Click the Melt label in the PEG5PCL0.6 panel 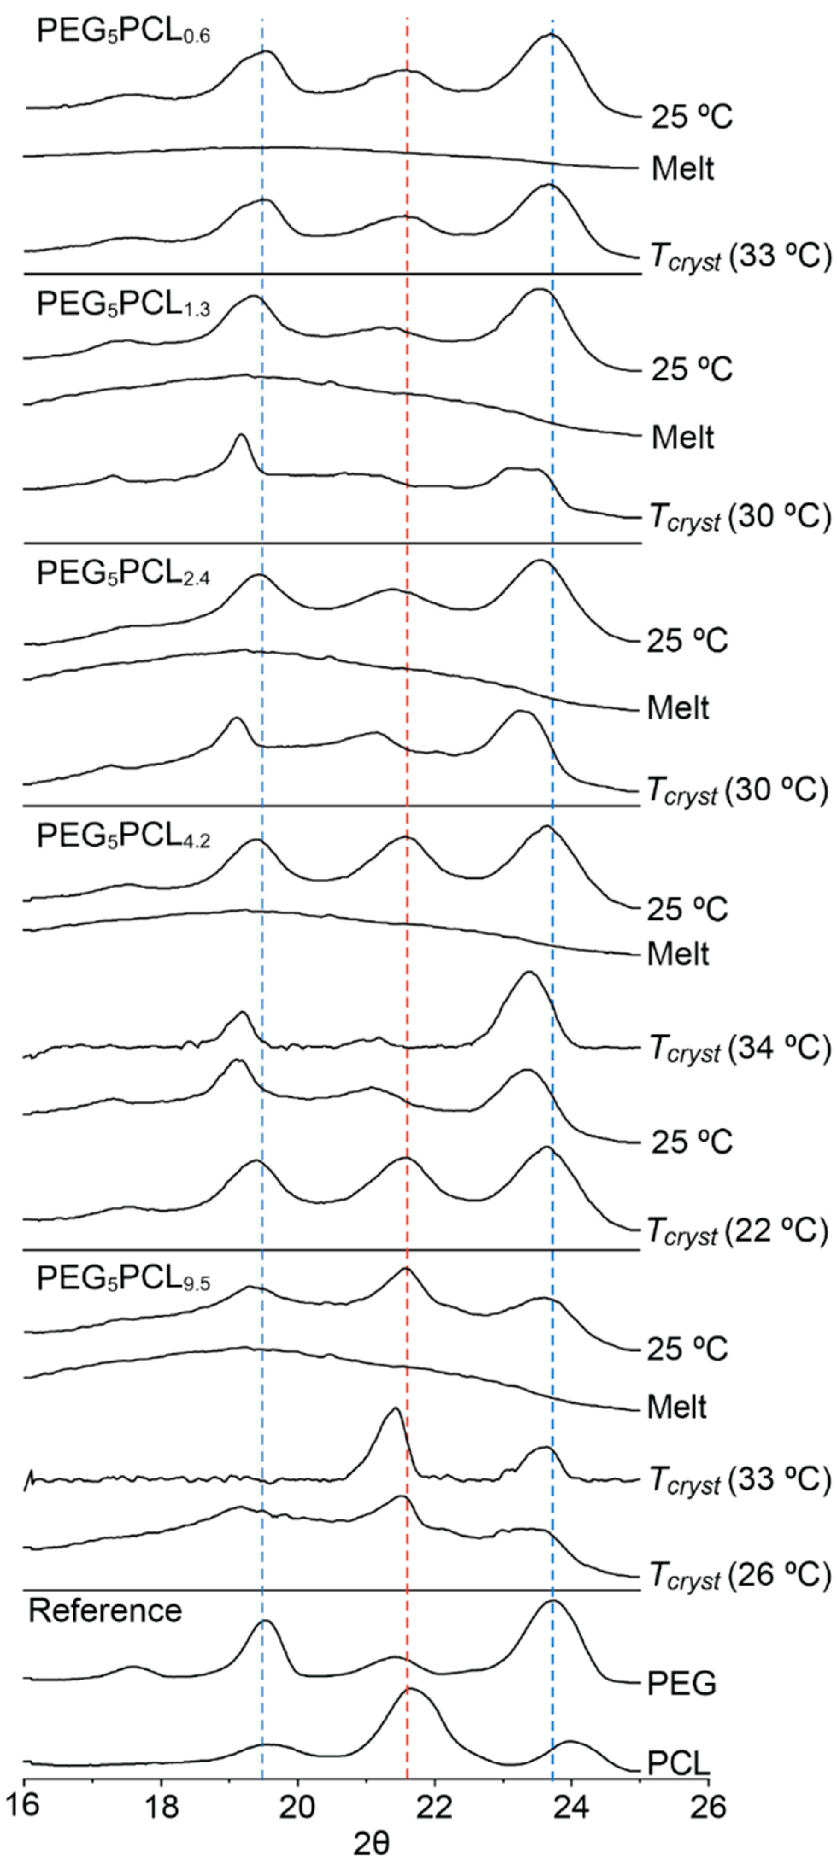click(682, 168)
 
